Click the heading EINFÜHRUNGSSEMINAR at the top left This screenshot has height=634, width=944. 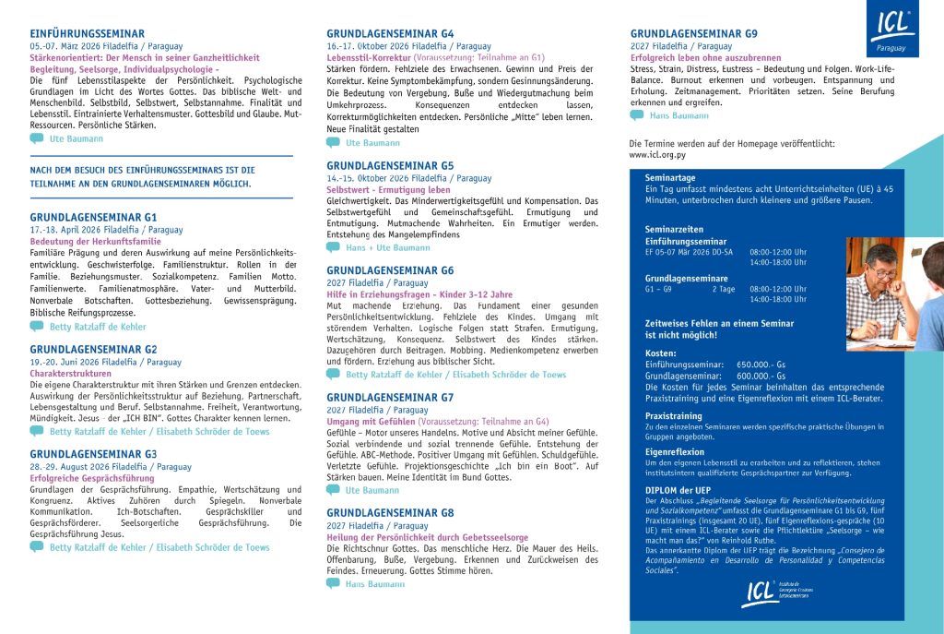tap(87, 33)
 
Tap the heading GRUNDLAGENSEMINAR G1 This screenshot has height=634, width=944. tap(93, 217)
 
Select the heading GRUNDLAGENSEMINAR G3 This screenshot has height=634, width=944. tap(93, 454)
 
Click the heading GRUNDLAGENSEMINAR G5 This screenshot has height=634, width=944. tap(390, 165)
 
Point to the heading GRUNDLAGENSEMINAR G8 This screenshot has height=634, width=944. tap(390, 512)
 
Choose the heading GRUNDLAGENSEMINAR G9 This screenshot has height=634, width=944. tap(694, 33)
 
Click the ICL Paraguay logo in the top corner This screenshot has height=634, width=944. tap(891, 29)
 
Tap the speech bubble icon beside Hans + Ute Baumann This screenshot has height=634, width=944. tap(333, 247)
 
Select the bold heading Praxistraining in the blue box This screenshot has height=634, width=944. tap(674, 416)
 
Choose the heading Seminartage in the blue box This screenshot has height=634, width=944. tap(670, 177)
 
